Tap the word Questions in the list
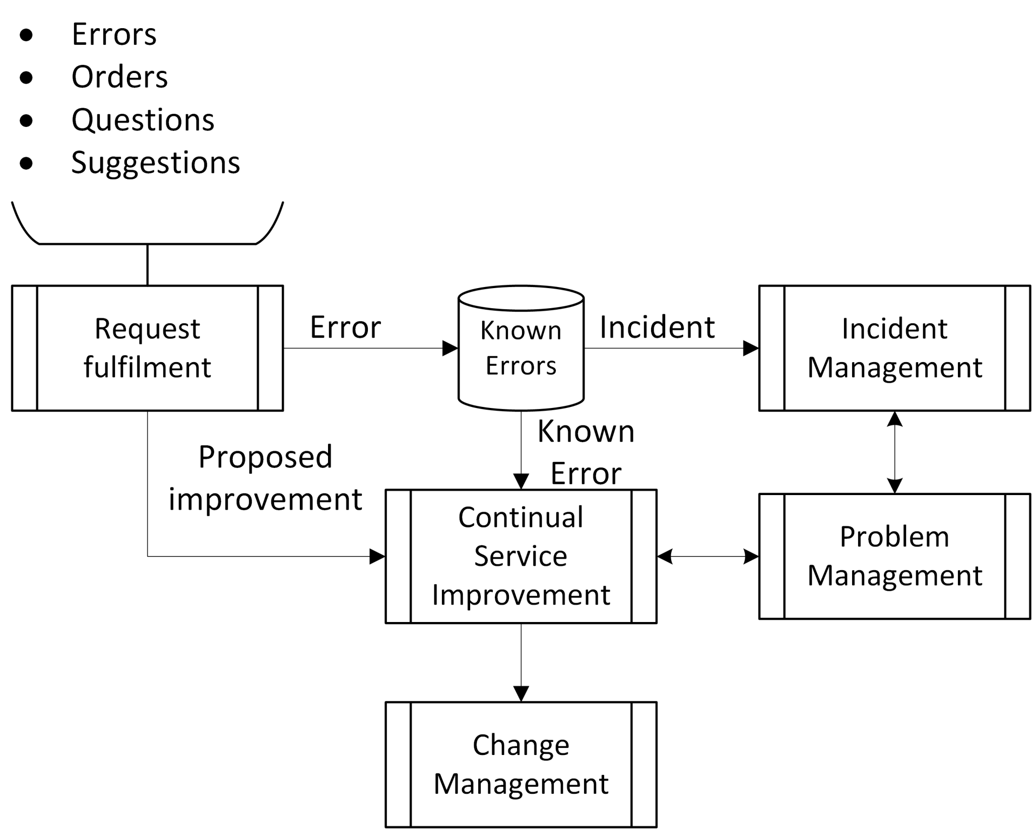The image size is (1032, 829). [143, 120]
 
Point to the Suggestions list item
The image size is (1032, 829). [156, 163]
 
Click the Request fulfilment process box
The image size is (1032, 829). [148, 348]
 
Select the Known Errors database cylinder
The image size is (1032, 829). [521, 348]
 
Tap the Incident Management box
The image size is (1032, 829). [894, 348]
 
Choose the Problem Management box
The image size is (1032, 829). [894, 556]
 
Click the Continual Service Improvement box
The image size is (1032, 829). [521, 557]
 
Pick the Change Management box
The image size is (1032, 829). [521, 764]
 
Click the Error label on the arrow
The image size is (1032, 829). [345, 327]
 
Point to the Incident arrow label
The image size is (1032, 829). [657, 327]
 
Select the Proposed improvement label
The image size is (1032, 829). [266, 478]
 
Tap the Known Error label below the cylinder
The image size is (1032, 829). [586, 452]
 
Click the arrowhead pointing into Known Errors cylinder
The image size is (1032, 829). [449, 348]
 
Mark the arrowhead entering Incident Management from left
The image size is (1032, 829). [751, 348]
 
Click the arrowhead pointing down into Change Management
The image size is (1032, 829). [521, 693]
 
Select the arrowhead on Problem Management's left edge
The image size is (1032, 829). [750, 557]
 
